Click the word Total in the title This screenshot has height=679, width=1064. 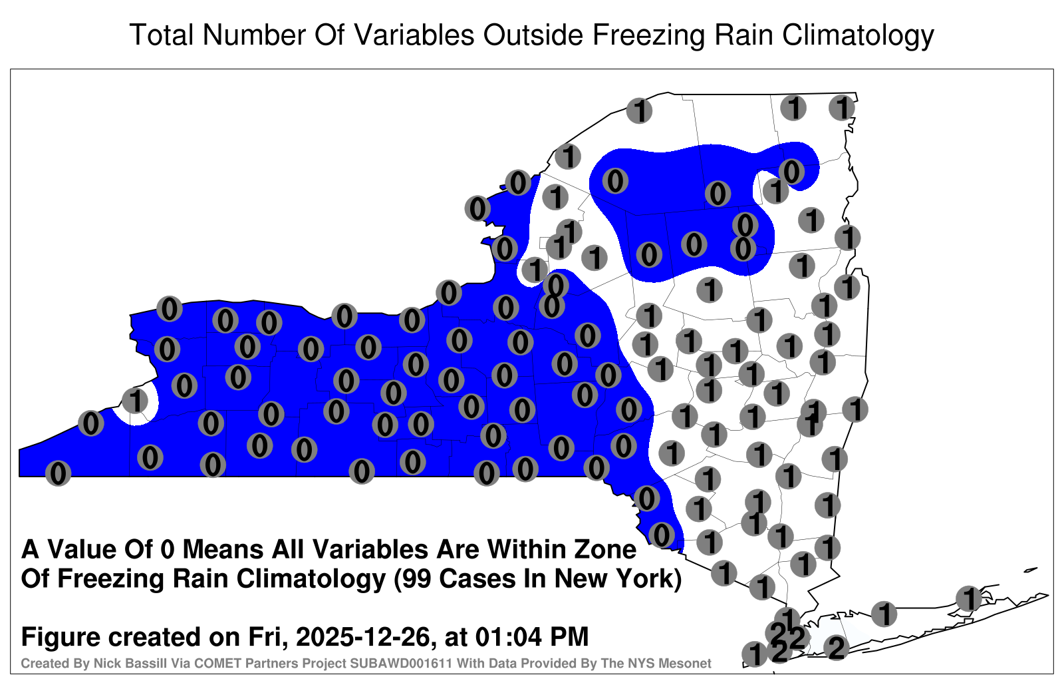[x=162, y=35]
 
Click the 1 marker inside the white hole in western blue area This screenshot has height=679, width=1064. [x=136, y=400]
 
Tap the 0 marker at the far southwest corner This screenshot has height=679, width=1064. [x=58, y=473]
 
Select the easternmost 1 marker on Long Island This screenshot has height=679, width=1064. [x=968, y=598]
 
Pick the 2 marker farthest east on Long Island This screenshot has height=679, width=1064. [x=836, y=648]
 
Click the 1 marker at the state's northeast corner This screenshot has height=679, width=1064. [x=842, y=108]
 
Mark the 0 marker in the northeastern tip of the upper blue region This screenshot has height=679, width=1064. [x=791, y=172]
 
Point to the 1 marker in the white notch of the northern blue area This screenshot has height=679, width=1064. [x=775, y=190]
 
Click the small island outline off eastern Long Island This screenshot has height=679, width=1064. [x=1031, y=570]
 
